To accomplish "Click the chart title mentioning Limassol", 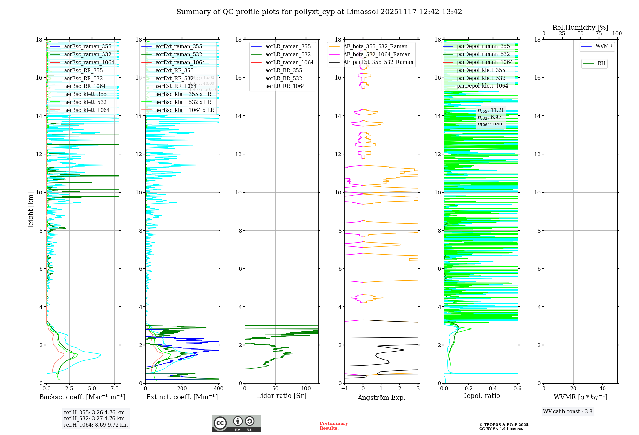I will [x=319, y=12].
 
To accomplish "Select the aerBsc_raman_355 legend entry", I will [x=88, y=47].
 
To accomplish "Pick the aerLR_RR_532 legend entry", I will [x=283, y=78].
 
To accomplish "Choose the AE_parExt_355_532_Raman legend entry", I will [x=378, y=62].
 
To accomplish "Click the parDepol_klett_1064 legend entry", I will [x=482, y=86].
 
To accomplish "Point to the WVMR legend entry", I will [x=604, y=46].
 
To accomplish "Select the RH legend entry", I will [x=601, y=64].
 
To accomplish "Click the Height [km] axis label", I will [x=31, y=211].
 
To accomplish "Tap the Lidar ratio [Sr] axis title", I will [x=281, y=396].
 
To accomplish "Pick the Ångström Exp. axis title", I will [x=381, y=398].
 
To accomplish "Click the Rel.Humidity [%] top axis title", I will [x=580, y=28].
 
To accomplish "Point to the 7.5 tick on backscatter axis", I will [x=115, y=389].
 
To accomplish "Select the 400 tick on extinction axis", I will [x=219, y=389].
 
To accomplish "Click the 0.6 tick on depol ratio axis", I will [x=517, y=389].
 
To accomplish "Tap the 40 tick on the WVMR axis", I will [x=603, y=389].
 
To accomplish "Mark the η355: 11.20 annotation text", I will [x=491, y=110].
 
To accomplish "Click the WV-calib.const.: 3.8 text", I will [x=568, y=412].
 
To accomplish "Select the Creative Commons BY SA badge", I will [x=236, y=424].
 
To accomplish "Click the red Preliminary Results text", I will [x=334, y=426].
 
